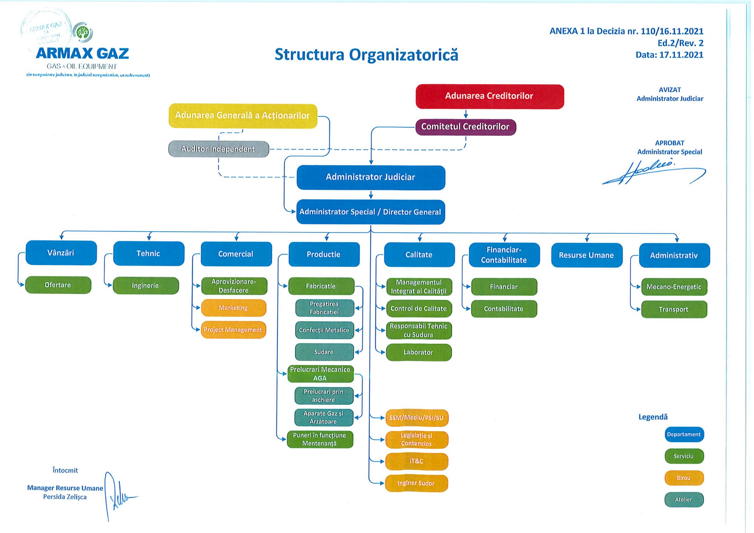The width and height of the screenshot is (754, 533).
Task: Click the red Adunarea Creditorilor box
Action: pyautogui.click(x=489, y=96)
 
